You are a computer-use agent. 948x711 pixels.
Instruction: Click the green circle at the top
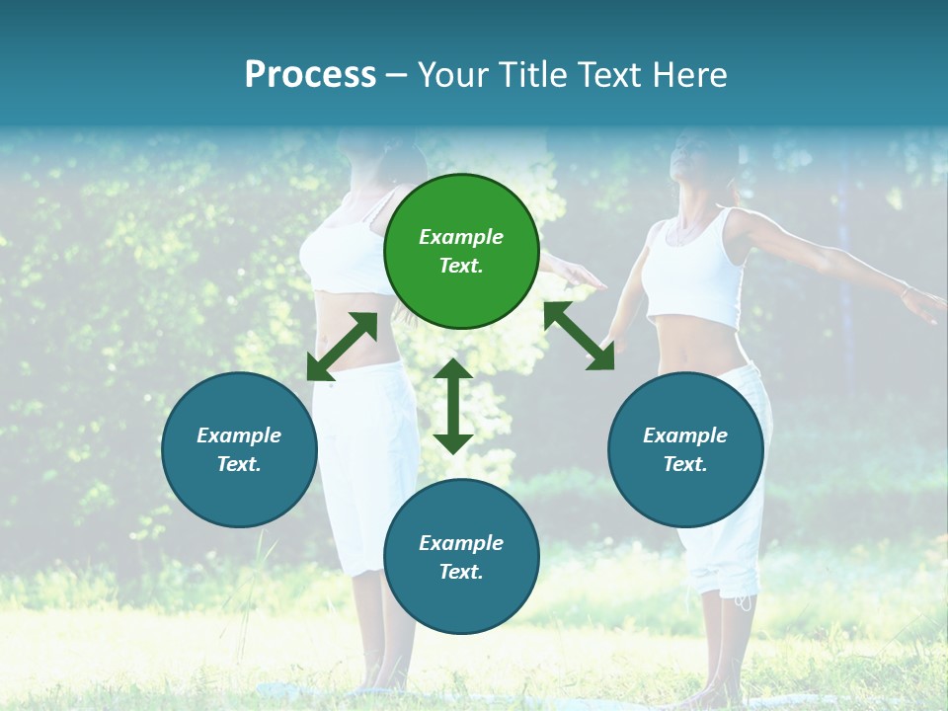(461, 252)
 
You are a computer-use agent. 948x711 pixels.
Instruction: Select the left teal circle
(239, 449)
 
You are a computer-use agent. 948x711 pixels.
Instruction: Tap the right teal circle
(685, 449)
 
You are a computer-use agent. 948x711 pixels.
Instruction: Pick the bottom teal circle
(461, 557)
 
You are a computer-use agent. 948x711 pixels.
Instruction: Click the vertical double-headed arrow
(453, 406)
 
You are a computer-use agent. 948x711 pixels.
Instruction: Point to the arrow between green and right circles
(579, 336)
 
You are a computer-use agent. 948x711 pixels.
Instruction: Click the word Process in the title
(310, 75)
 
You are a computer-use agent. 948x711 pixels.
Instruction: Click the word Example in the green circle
(461, 237)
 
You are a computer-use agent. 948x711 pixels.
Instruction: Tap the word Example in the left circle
(239, 435)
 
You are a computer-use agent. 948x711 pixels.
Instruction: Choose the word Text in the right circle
(685, 464)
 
